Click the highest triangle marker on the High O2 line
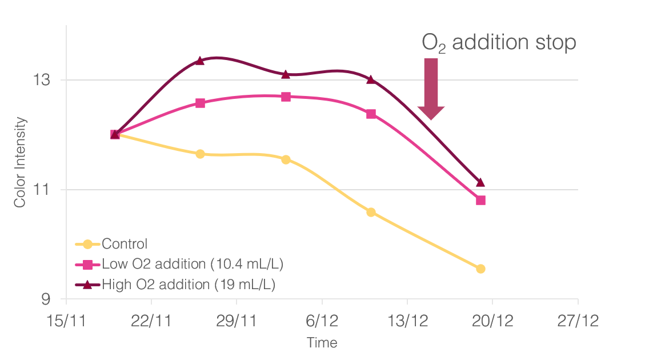pyautogui.click(x=200, y=61)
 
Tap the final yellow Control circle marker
pyautogui.click(x=480, y=269)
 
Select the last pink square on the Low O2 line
pyautogui.click(x=480, y=201)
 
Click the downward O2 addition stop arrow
pyautogui.click(x=431, y=89)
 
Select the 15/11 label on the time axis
pyautogui.click(x=66, y=321)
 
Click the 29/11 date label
pyautogui.click(x=237, y=321)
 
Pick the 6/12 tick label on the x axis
pyautogui.click(x=322, y=321)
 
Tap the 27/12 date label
pyautogui.click(x=578, y=321)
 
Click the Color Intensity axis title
pyautogui.click(x=21, y=162)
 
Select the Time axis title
pyautogui.click(x=322, y=343)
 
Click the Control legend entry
pyautogui.click(x=125, y=245)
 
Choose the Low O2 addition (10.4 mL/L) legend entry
pyautogui.click(x=193, y=265)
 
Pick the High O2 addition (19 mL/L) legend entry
pyautogui.click(x=189, y=285)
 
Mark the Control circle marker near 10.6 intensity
pyautogui.click(x=371, y=213)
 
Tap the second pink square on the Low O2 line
pyautogui.click(x=200, y=103)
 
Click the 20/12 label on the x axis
pyautogui.click(x=492, y=321)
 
